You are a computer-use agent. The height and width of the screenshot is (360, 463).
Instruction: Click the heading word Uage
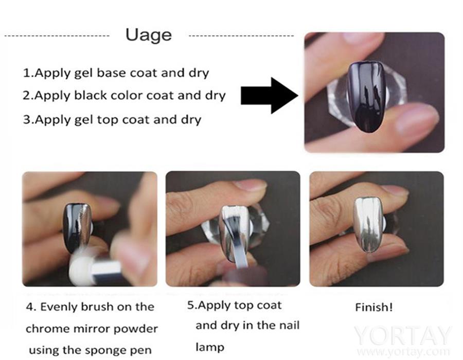149,35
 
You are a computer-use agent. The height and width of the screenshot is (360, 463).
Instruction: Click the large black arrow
269,96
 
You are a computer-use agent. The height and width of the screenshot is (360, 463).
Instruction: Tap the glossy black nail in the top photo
366,97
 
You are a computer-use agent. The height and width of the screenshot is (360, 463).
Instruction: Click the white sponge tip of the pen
80,270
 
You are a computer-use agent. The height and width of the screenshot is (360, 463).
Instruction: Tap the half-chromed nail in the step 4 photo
77,228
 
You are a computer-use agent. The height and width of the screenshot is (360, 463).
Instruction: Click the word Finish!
374,307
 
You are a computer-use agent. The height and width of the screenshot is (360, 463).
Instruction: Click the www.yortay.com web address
403,351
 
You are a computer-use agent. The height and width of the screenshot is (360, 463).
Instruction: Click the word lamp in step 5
210,347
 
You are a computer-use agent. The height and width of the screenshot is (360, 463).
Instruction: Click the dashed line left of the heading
57,37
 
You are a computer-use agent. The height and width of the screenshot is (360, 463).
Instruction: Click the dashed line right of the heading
241,36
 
